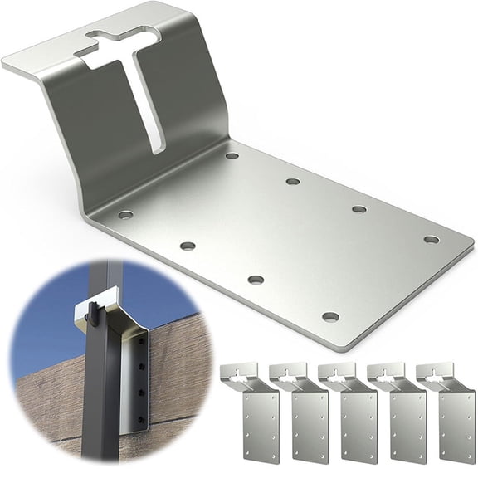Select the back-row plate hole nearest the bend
(232, 155)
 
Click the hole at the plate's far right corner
(431, 239)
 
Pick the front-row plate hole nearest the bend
(125, 214)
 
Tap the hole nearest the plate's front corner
(330, 316)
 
